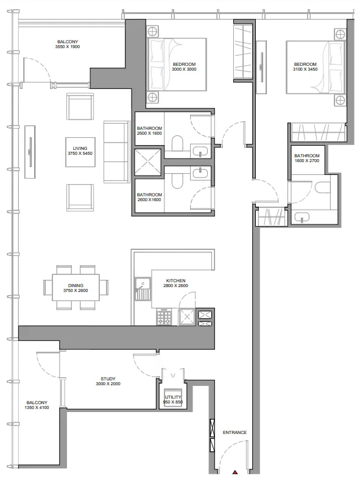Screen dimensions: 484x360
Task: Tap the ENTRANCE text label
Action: point(235,433)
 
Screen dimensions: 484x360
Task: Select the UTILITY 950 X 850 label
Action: point(172,400)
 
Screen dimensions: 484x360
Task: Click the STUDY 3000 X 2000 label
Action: point(108,381)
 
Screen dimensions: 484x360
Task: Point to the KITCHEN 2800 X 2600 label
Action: point(175,283)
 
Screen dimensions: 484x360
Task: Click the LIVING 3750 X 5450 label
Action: point(79,151)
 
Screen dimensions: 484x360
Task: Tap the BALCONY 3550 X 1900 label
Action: point(68,44)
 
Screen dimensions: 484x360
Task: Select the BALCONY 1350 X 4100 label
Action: point(37,405)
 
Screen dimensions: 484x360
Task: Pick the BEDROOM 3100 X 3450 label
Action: point(305,67)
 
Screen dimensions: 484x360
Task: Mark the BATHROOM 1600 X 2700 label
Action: point(307,158)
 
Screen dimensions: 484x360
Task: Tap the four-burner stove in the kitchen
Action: point(165,317)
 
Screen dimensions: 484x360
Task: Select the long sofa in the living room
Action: point(115,151)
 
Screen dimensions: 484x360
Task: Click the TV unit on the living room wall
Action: point(29,157)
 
